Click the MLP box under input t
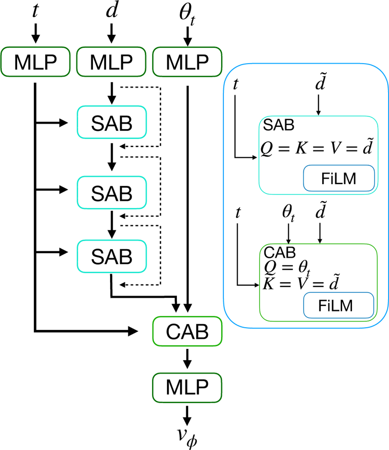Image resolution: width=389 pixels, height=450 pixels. click(35, 62)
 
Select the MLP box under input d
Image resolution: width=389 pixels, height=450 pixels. click(111, 62)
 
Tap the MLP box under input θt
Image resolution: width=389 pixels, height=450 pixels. click(187, 62)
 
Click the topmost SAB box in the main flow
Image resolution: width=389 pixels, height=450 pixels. click(112, 123)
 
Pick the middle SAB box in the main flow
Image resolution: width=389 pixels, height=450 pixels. click(112, 193)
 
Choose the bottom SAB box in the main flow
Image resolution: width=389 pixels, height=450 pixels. click(112, 256)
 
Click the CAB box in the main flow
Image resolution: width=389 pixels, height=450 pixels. click(187, 331)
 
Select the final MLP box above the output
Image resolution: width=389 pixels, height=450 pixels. click(187, 388)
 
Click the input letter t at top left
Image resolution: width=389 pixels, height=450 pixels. click(35, 11)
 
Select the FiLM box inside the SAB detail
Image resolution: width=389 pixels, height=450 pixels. click(339, 178)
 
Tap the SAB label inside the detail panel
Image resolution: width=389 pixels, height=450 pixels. click(278, 125)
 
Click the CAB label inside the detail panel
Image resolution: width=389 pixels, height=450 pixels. click(280, 252)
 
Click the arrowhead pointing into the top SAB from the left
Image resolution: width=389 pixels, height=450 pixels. click(64, 123)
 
